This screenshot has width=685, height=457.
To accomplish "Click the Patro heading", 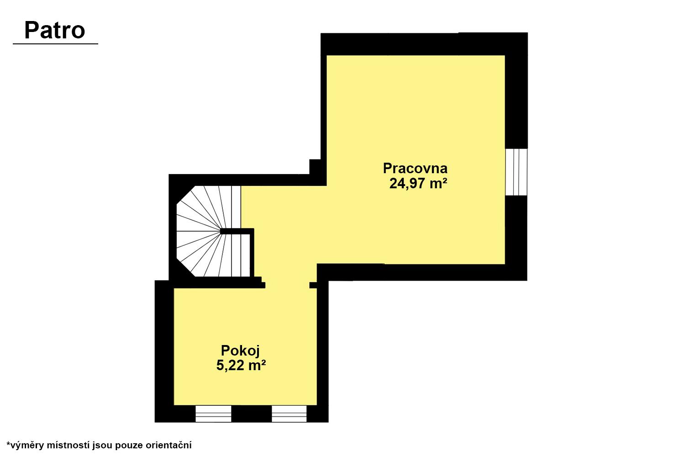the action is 54,31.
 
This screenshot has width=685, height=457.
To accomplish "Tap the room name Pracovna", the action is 415,168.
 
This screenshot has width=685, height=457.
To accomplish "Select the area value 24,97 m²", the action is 418,183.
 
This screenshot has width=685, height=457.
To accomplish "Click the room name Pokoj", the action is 240,351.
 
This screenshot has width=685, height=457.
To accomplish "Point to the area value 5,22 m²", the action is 241,365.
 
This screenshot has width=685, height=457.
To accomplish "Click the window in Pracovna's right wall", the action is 516,172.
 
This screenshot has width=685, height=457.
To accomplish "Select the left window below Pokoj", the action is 213,414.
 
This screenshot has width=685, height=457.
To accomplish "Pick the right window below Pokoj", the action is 289,414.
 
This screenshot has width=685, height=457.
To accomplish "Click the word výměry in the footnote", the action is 27,446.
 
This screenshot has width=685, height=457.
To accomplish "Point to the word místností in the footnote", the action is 68,445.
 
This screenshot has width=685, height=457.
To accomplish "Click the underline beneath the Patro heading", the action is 55,44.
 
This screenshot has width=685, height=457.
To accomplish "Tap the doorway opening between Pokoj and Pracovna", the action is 287,285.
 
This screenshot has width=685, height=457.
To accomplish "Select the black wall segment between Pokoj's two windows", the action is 251,414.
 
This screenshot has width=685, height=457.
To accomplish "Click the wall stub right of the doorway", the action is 313,285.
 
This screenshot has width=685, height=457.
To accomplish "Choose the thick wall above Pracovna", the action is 424,44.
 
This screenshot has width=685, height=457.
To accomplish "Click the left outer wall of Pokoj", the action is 164,351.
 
